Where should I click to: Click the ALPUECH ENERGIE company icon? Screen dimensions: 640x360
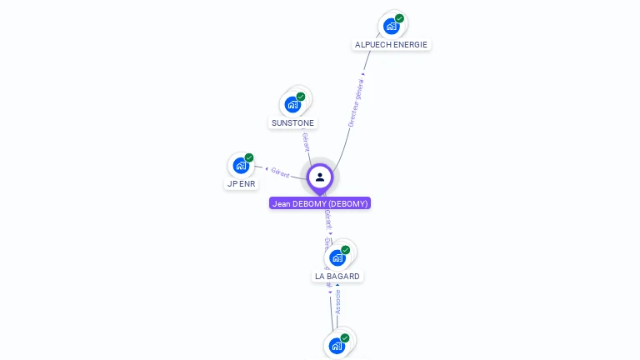(x=392, y=26)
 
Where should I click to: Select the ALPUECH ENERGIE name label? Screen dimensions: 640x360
(x=392, y=44)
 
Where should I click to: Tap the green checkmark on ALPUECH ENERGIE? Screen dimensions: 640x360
(x=400, y=18)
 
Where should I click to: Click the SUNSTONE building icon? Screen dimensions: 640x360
(x=292, y=104)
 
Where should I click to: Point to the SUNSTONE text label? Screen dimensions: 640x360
(x=292, y=122)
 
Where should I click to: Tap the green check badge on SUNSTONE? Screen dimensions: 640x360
(x=301, y=97)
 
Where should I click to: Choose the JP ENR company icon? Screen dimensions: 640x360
(x=241, y=165)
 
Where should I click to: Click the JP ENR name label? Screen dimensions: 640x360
(x=241, y=183)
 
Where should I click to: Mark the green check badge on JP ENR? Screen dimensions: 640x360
(x=249, y=157)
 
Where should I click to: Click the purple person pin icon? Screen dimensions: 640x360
(x=320, y=177)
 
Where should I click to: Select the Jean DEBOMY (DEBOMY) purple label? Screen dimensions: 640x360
(x=320, y=203)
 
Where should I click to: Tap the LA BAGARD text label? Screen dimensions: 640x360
(x=337, y=276)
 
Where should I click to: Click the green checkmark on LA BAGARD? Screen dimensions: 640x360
(x=346, y=250)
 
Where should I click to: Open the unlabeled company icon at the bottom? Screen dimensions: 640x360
(x=337, y=345)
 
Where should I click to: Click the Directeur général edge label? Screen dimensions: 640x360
(x=356, y=104)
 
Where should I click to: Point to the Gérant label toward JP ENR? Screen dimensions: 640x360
(x=281, y=173)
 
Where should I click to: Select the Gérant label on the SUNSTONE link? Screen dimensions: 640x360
(x=306, y=142)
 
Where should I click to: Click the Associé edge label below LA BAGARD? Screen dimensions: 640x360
(x=337, y=302)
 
